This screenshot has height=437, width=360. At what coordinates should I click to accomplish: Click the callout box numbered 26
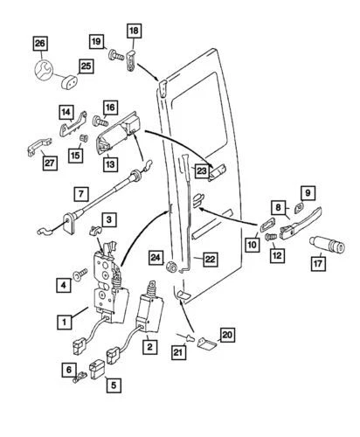[x=38, y=43]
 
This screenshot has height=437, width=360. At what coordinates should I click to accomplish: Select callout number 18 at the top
[x=134, y=31]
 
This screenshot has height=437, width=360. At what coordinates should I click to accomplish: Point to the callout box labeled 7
[x=80, y=192]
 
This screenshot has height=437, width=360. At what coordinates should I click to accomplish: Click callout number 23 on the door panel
[x=201, y=171]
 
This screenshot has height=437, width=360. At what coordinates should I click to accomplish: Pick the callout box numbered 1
[x=65, y=322]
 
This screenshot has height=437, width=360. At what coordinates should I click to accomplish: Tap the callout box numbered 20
[x=226, y=333]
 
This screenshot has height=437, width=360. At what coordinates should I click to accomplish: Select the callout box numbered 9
[x=306, y=191]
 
